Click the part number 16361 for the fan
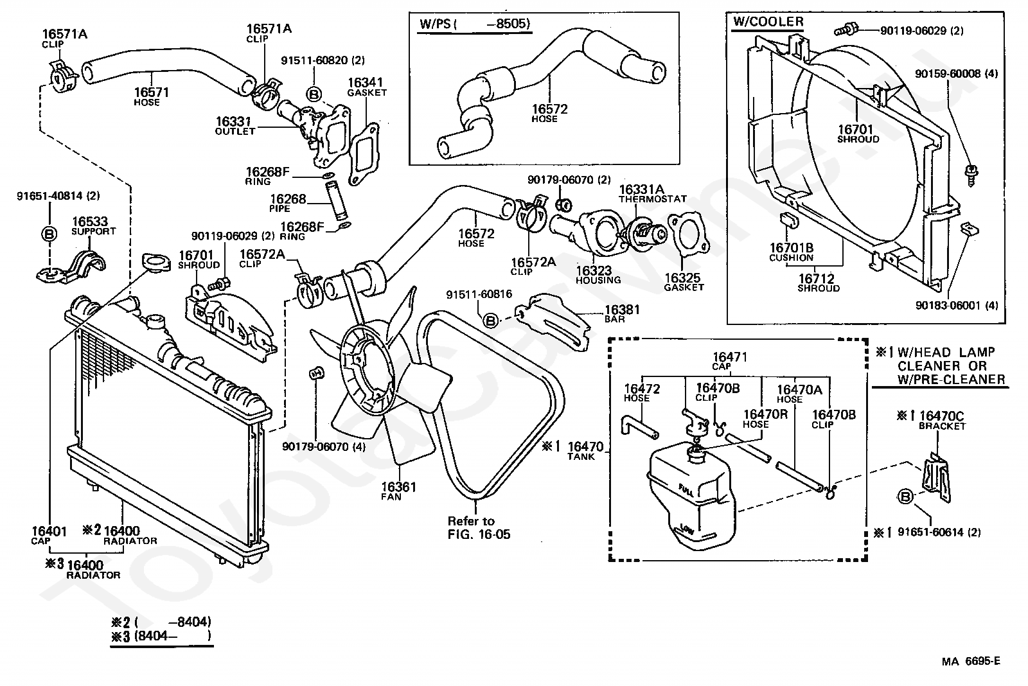pyautogui.click(x=398, y=487)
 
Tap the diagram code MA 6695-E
pyautogui.click(x=971, y=662)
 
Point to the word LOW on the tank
pyautogui.click(x=687, y=530)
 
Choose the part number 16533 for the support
pyautogui.click(x=89, y=221)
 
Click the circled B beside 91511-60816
pyautogui.click(x=490, y=320)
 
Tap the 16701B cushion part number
pyautogui.click(x=792, y=247)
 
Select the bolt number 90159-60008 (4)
pyautogui.click(x=956, y=74)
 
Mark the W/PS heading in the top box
pyautogui.click(x=434, y=24)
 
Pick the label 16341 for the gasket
pyautogui.click(x=366, y=83)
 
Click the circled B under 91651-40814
pyautogui.click(x=49, y=234)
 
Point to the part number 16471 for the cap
pyautogui.click(x=730, y=357)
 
